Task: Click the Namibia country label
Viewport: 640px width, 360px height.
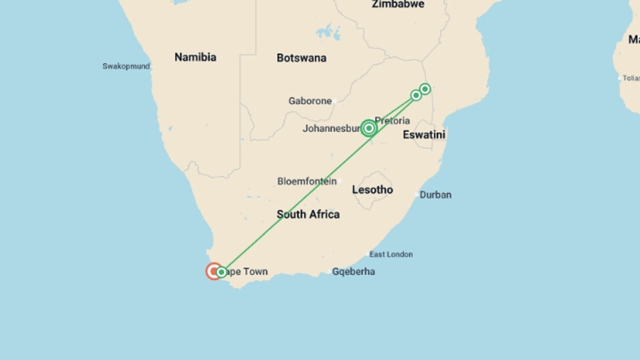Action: point(195,57)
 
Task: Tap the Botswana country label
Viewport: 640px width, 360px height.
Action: point(301,58)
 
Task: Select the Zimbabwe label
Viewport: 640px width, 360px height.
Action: point(398,4)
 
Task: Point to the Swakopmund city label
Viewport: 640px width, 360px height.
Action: point(126,66)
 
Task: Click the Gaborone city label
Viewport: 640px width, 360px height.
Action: point(310,101)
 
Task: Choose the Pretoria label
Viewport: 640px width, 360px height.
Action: point(392,121)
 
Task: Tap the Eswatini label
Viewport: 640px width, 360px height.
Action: point(424,135)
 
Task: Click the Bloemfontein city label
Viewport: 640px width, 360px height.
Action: point(307,182)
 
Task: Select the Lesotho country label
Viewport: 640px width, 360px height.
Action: point(372,190)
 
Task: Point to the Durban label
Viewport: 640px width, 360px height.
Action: point(435,195)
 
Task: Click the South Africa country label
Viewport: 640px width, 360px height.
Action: point(308,214)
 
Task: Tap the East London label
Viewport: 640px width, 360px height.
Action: point(391,255)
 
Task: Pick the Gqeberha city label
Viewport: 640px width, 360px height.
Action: point(353,272)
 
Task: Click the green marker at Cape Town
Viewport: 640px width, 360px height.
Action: point(221,272)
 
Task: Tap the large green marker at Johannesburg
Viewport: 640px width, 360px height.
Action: point(369,128)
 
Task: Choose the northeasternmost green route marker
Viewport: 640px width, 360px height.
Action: point(425,89)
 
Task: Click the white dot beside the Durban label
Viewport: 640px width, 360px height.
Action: point(417,194)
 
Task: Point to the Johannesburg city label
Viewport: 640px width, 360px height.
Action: point(331,129)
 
